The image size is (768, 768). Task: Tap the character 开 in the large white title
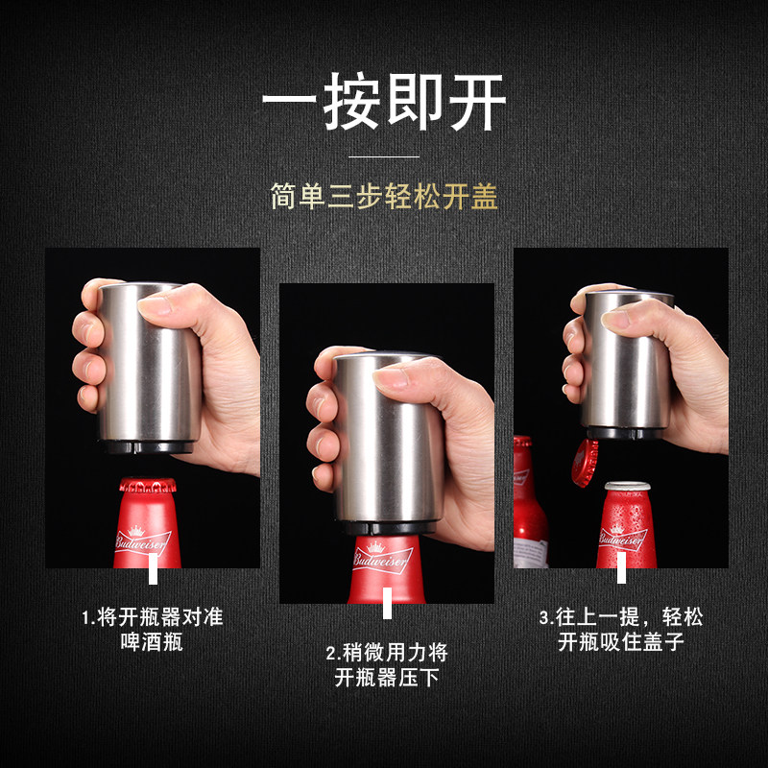(477, 102)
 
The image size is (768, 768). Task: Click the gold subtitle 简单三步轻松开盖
(385, 197)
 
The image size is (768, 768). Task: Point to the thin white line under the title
(384, 156)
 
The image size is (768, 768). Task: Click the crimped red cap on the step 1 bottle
(148, 485)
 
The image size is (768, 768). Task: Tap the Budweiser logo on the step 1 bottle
(142, 540)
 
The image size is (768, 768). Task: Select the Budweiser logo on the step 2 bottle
(382, 558)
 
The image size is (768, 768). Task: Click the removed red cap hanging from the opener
(585, 463)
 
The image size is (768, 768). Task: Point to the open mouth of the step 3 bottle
(628, 486)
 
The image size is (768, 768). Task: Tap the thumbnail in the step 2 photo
(391, 378)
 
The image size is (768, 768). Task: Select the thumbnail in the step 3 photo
(615, 320)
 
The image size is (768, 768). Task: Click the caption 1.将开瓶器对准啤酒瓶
(152, 630)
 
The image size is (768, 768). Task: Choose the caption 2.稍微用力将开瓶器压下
(387, 664)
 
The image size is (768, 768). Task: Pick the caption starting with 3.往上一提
(621, 630)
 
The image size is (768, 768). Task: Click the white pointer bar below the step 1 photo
(153, 568)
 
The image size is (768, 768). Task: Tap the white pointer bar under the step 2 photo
(387, 604)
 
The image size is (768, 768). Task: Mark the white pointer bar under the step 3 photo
(621, 568)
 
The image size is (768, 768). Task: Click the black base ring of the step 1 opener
(148, 446)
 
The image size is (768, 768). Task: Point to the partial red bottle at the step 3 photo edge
(529, 502)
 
